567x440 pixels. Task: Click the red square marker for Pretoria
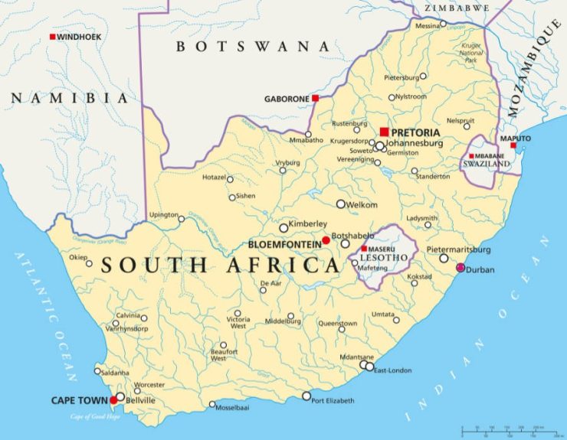[384, 132]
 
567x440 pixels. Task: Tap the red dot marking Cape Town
[114, 399]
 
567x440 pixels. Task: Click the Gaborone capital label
[287, 99]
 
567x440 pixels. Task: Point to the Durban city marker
[460, 268]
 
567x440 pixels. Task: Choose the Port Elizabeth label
[333, 401]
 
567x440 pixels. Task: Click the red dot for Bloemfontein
[326, 240]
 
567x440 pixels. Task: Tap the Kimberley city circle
[283, 228]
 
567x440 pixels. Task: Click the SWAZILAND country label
[484, 164]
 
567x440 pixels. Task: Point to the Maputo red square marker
[513, 146]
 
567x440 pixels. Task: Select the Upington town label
[163, 214]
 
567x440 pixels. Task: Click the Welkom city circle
[341, 204]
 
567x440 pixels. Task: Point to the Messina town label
[428, 25]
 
